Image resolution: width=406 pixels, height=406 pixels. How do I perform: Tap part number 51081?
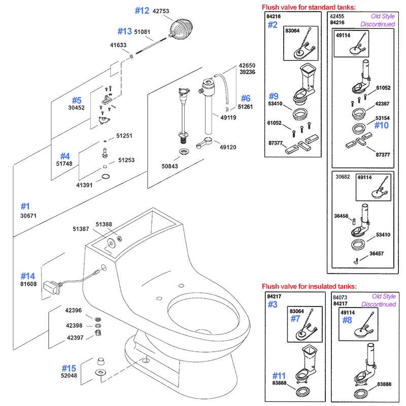[x=142, y=31]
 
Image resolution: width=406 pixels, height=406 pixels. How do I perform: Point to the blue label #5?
[x=76, y=100]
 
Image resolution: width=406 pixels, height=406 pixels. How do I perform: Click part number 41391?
[x=85, y=185]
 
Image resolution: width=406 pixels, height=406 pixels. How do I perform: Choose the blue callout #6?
[x=245, y=98]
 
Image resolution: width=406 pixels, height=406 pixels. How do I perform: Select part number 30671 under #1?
[x=28, y=216]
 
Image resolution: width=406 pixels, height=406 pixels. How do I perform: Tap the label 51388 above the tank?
[x=104, y=224]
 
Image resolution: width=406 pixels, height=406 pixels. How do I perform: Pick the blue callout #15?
[x=69, y=367]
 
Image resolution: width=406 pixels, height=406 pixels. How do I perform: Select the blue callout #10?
[x=381, y=125]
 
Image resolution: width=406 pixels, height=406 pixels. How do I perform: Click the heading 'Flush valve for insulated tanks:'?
[x=309, y=287]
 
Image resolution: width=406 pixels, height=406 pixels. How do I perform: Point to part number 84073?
[x=340, y=296]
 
